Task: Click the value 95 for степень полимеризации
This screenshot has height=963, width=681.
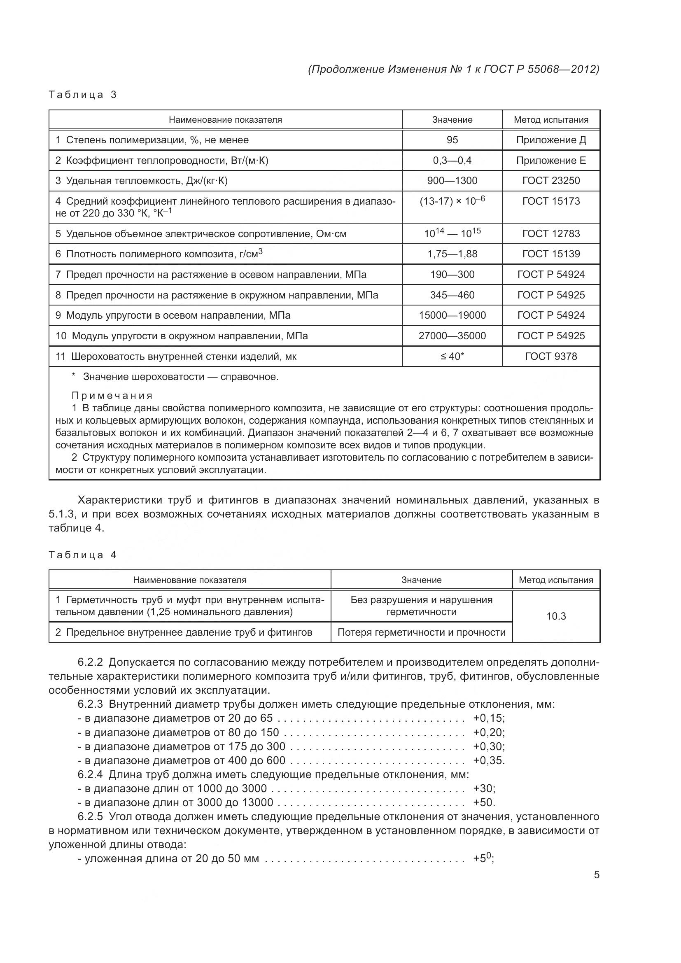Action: point(452,140)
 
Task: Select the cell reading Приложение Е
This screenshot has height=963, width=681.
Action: point(550,161)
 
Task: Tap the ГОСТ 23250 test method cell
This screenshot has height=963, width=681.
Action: point(550,181)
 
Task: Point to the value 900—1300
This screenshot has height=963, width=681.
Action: point(452,181)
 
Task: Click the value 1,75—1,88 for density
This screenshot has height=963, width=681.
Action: point(452,254)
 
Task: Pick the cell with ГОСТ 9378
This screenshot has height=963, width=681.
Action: point(550,357)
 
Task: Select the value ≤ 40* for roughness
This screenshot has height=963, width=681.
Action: point(452,357)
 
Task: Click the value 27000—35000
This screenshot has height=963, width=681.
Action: point(452,336)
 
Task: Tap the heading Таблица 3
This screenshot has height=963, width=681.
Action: point(82,95)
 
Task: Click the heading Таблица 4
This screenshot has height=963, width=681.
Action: point(82,555)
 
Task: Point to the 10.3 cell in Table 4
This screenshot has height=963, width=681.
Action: point(556,616)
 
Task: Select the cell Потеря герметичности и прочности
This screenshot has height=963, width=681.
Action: point(421,632)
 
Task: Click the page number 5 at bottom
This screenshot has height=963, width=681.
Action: point(596,875)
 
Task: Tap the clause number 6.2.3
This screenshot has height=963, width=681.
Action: point(90,704)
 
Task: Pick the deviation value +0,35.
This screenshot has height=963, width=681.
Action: point(489,760)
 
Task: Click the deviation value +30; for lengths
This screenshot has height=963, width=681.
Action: point(484,788)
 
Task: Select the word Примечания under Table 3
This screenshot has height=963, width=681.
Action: point(112,396)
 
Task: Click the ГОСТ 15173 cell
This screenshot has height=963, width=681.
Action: point(550,201)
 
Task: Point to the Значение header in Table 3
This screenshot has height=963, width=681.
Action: point(452,120)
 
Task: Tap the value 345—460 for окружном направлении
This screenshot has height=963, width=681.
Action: point(452,295)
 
